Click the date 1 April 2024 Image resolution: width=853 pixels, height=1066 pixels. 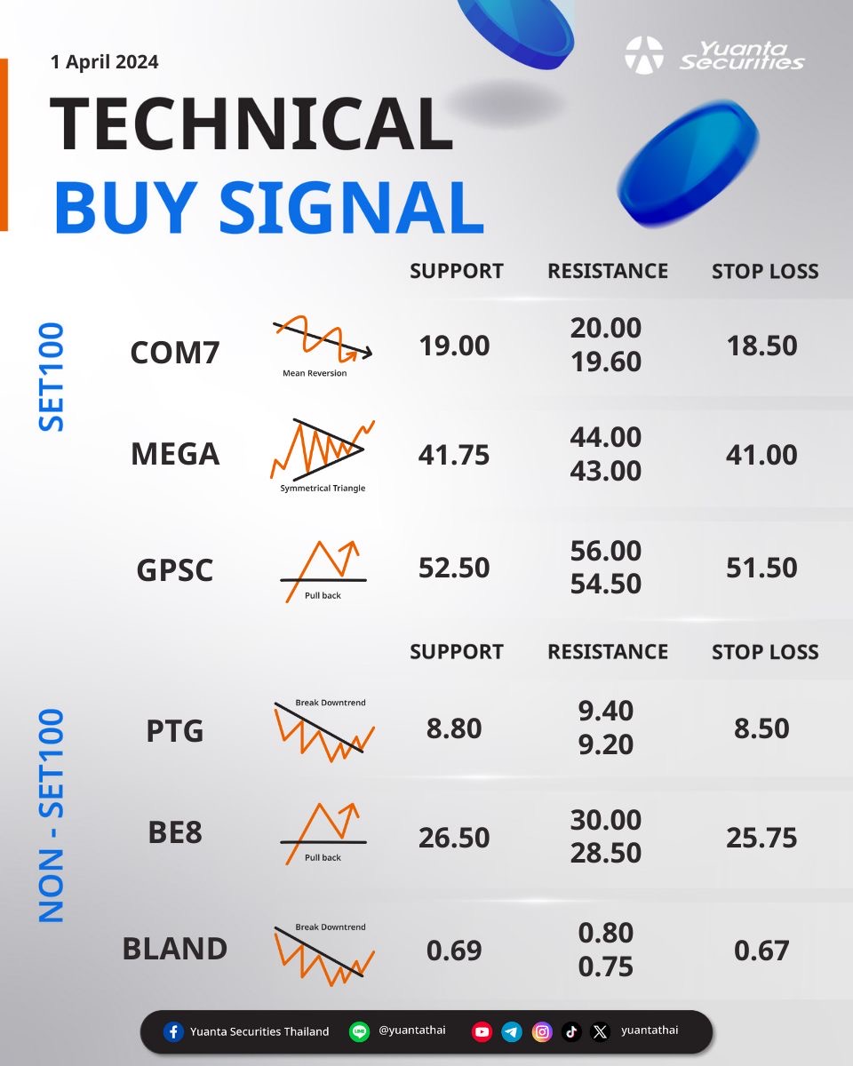[x=105, y=62]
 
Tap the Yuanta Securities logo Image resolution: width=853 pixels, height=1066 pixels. [x=714, y=55]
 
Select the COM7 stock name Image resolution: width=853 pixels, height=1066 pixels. [x=175, y=352]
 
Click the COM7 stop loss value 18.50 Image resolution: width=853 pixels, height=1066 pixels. [x=761, y=346]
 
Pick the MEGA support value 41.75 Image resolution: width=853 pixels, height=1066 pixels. [x=453, y=455]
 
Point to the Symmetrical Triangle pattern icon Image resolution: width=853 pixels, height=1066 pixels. [x=323, y=449]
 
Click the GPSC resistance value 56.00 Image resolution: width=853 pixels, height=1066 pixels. [x=606, y=551]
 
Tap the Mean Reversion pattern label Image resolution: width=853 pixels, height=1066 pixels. [x=315, y=373]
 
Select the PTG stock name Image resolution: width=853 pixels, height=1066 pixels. [x=175, y=730]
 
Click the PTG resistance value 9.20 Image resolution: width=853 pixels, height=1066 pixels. [x=606, y=744]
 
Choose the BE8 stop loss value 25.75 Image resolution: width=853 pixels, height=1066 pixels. [x=761, y=838]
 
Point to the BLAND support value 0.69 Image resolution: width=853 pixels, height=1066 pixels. [x=454, y=951]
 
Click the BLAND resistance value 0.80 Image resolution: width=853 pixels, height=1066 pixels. [x=606, y=933]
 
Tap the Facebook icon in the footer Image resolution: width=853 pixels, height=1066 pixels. [x=173, y=1032]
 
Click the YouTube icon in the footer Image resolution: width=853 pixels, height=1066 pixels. [x=482, y=1032]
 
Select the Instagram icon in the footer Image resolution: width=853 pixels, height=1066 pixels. [x=542, y=1032]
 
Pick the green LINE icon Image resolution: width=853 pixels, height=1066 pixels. [x=359, y=1032]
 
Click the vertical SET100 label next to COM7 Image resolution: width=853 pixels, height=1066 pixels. [x=51, y=377]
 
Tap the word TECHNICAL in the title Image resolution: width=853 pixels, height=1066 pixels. [x=251, y=123]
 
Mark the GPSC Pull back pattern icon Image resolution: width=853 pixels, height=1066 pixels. [x=323, y=571]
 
